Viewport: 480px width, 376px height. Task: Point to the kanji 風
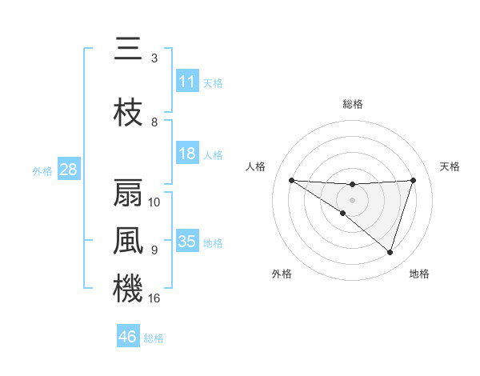[128, 241]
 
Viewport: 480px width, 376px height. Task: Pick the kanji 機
[128, 288]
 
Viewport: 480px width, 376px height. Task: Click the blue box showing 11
[187, 82]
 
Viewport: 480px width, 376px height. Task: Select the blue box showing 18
[187, 154]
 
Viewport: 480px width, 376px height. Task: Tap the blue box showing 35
[187, 242]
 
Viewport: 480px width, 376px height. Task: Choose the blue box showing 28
[68, 170]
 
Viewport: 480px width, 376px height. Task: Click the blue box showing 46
[128, 337]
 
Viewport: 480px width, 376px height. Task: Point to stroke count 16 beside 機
[154, 298]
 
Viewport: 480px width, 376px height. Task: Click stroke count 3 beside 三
[154, 58]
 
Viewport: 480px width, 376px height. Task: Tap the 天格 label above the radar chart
[450, 166]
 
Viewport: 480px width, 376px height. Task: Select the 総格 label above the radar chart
[353, 104]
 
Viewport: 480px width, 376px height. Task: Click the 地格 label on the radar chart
[419, 274]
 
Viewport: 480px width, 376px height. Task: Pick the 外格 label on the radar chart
[282, 274]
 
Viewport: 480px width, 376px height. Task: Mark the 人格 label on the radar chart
[255, 166]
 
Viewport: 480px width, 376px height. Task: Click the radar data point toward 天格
[413, 180]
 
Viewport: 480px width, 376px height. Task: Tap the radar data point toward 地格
[390, 253]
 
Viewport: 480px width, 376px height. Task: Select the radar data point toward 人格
[291, 180]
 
